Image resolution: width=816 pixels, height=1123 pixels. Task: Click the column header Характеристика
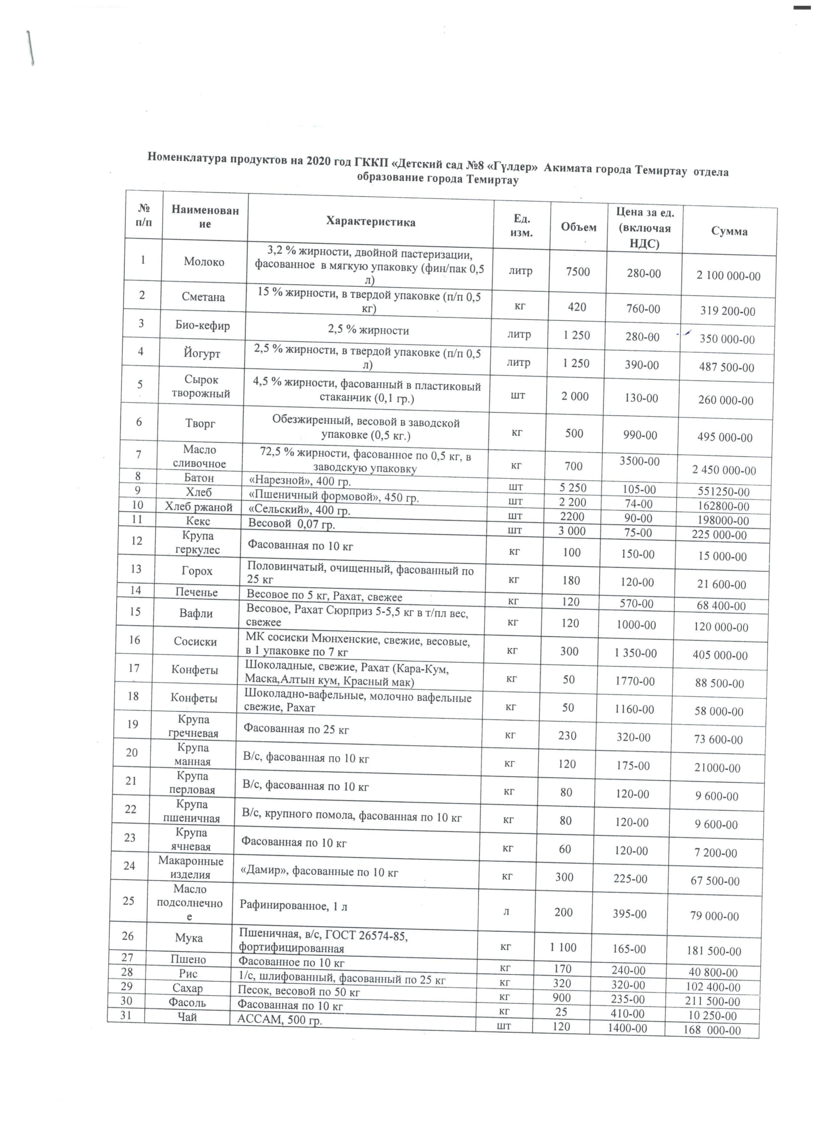371,222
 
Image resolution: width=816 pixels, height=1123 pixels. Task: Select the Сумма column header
729,231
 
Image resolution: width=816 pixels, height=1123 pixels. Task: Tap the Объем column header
578,227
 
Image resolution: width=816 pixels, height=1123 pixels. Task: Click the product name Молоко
204,262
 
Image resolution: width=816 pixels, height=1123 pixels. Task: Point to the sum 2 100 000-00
728,276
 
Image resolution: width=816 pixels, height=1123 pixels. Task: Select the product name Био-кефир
203,326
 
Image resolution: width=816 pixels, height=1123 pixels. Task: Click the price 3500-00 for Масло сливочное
639,461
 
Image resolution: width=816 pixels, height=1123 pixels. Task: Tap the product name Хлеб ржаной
199,507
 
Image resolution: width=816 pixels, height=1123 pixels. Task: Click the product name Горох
197,571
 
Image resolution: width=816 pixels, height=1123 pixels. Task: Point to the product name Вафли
195,614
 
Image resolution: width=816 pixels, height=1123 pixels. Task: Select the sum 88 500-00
719,683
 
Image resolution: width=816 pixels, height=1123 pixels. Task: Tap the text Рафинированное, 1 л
293,906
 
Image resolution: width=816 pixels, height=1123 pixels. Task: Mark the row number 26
128,936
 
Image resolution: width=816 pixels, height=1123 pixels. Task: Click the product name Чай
187,1017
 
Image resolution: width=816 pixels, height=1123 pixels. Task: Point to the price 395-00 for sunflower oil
629,914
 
